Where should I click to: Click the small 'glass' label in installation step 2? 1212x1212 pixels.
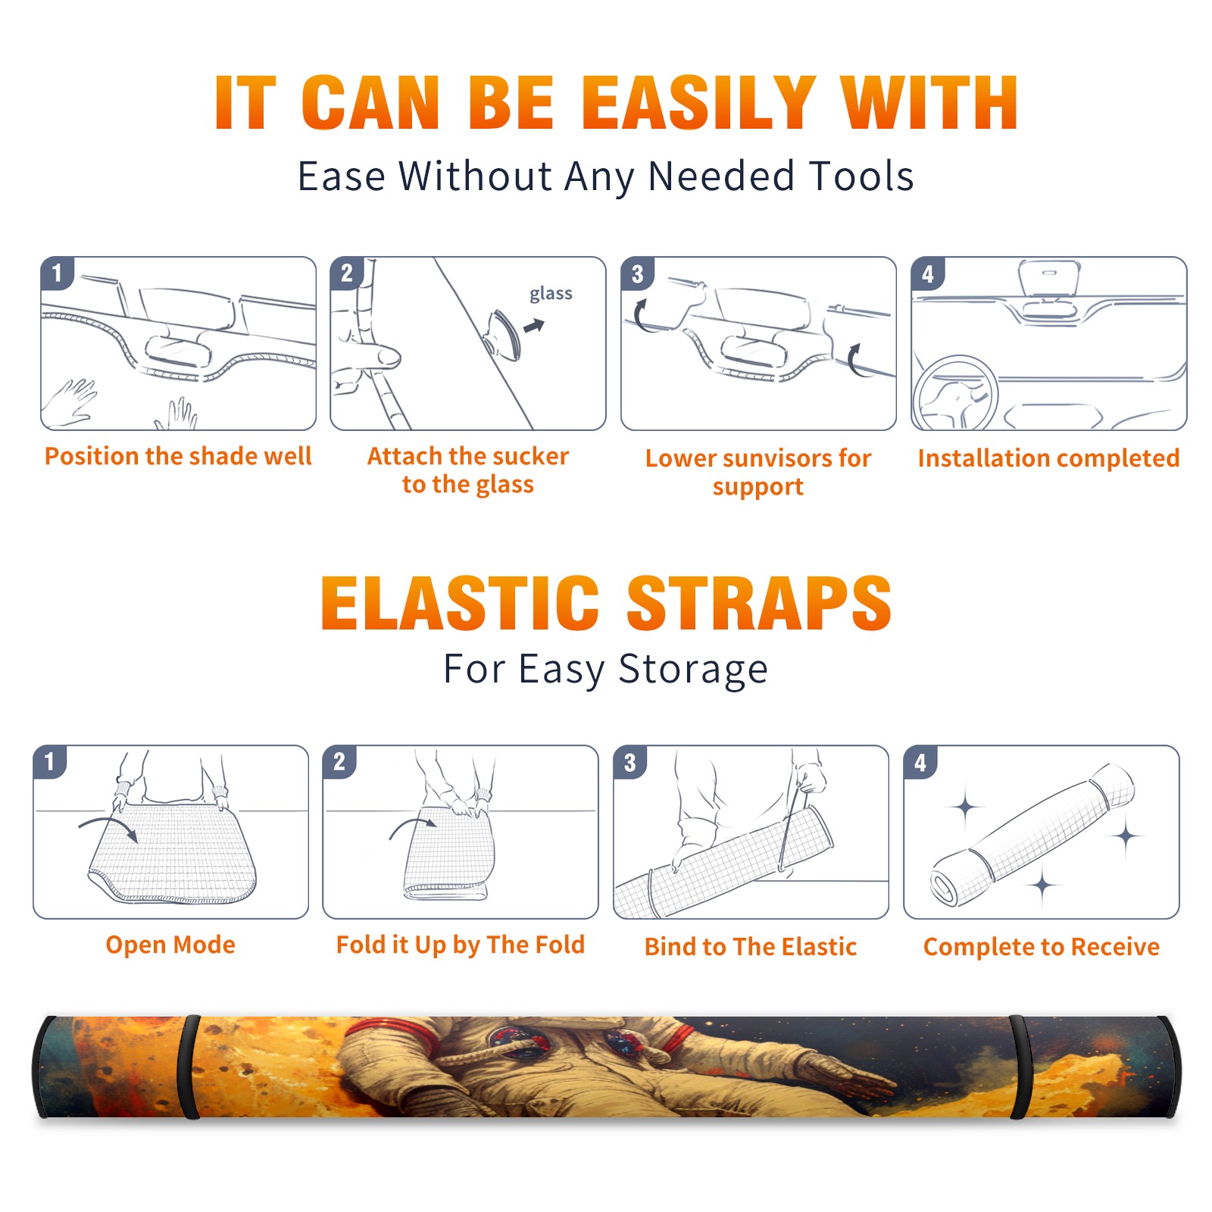[551, 293]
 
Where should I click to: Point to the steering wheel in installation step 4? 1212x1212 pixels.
[955, 392]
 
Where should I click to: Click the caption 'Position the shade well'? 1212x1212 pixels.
[178, 456]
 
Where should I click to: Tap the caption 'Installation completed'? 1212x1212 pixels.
[1048, 458]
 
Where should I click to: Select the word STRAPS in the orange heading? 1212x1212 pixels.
[759, 603]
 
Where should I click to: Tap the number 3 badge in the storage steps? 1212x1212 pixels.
[630, 762]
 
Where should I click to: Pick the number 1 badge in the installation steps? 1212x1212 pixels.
[58, 273]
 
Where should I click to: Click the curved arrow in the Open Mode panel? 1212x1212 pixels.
[108, 826]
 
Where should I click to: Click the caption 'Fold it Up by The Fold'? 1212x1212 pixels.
[461, 945]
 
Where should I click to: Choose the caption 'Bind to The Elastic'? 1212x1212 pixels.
[751, 946]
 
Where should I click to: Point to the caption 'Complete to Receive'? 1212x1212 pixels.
[1042, 946]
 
